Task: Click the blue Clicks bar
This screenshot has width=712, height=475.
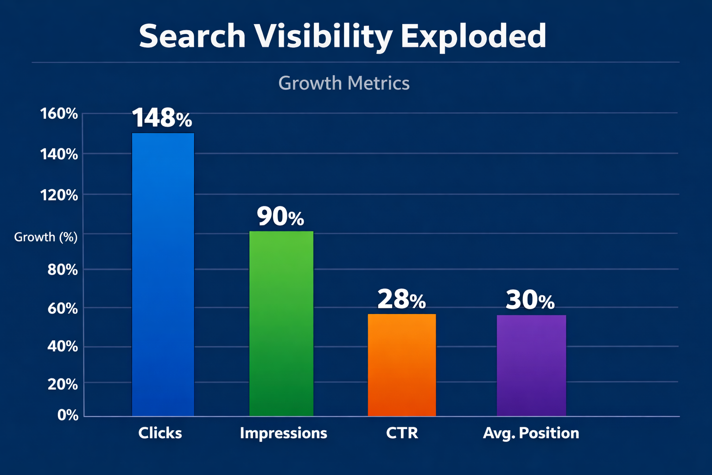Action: pos(163,274)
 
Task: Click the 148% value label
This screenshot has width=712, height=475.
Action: pos(162,118)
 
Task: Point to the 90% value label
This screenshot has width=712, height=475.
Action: pos(280,216)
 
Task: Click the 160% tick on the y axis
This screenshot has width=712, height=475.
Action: pos(59,114)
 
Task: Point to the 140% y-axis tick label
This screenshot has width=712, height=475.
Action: pos(59,154)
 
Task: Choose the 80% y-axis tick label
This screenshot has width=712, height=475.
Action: pos(63,270)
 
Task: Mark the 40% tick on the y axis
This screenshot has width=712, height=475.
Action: pos(63,346)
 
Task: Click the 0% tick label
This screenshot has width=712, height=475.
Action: pos(68,415)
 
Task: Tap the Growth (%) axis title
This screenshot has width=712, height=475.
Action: pos(46,237)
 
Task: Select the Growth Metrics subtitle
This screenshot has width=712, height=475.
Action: pos(344,83)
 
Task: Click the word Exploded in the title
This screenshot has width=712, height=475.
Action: pos(473,36)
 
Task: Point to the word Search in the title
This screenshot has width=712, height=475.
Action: pos(192,36)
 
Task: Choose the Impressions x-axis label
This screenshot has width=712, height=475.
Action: pos(283,433)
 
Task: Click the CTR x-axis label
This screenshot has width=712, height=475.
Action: pos(402,433)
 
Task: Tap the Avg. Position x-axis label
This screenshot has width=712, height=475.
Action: pos(531,433)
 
